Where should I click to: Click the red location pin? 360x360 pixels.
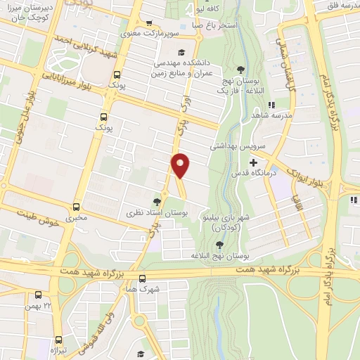[x=181, y=165]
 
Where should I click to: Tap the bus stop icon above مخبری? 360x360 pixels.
[x=76, y=206]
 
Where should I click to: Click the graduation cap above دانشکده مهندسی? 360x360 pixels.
[x=181, y=52]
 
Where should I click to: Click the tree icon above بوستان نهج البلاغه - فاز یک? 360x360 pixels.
[x=241, y=69]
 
